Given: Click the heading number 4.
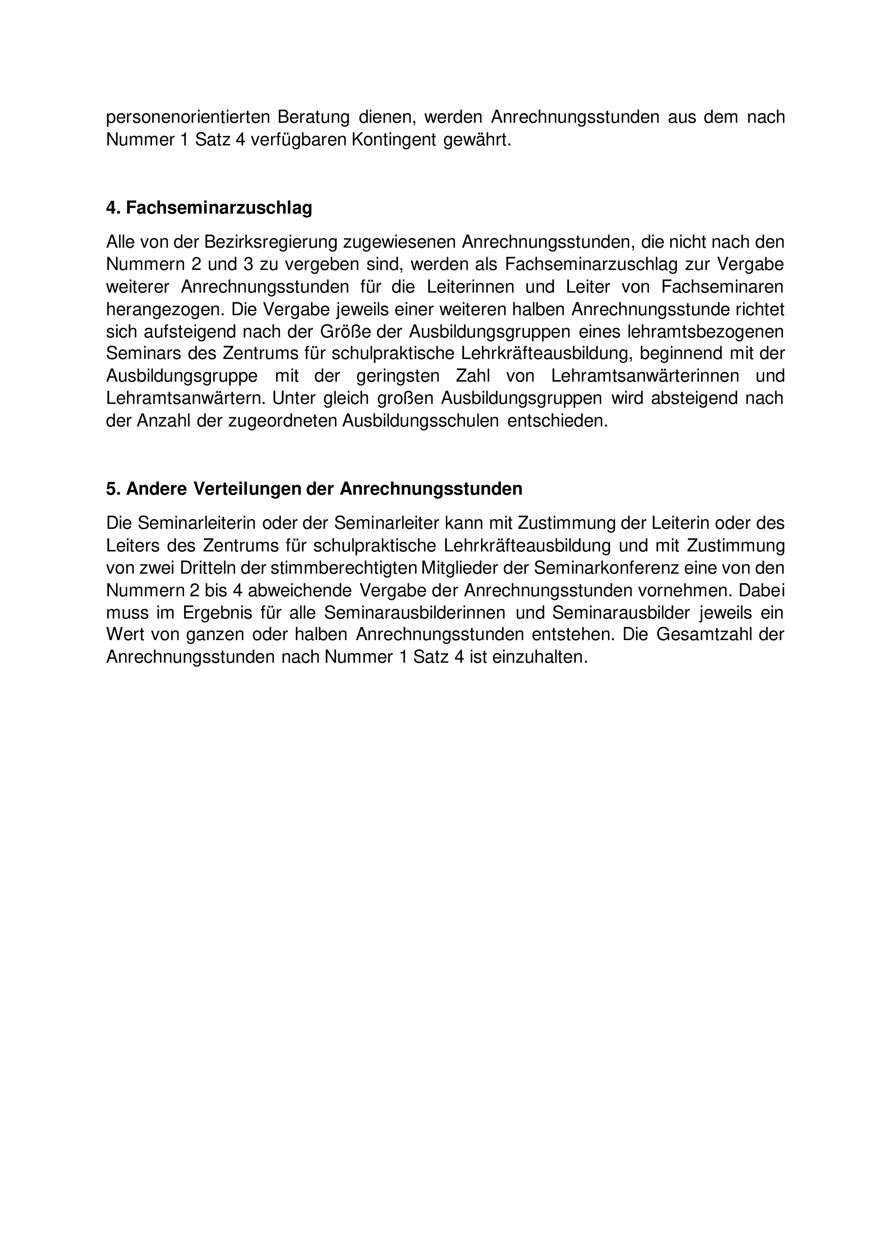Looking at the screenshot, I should pos(112,208).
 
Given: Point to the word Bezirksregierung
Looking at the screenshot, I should pos(271,242).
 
